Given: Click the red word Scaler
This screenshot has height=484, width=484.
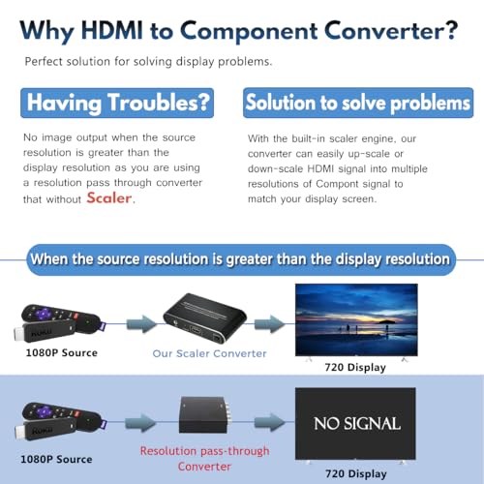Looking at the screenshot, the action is point(109,197).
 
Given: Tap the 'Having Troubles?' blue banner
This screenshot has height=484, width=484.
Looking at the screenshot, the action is point(117,103).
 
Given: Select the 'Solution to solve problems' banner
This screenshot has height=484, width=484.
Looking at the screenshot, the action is point(358,103).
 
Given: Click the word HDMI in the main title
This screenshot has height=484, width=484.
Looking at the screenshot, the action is point(111,31).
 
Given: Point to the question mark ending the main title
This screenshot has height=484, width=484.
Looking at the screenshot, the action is point(450,30).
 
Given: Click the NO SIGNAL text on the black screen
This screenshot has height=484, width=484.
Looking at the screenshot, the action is point(357,423).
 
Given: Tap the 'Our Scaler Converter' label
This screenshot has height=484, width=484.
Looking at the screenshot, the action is point(210,353).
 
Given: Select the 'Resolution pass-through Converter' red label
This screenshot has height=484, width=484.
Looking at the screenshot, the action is point(204,459).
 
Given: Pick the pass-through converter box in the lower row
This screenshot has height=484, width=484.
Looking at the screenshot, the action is point(203,415).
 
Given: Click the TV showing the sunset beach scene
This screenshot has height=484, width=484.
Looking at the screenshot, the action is point(356,320).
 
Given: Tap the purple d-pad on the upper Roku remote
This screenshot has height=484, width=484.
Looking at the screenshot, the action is point(44,313).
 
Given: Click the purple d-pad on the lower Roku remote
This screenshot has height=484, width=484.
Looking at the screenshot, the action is point(44,411).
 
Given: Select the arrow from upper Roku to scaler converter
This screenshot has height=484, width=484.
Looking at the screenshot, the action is point(140,324).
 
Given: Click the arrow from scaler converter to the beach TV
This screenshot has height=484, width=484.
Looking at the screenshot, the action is point(269,324).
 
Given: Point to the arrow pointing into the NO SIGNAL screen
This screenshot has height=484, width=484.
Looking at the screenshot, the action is point(269,422).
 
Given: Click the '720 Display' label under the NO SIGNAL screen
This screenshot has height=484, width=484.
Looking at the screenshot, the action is point(356,474).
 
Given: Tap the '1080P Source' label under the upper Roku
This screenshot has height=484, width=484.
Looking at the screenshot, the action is point(62,352).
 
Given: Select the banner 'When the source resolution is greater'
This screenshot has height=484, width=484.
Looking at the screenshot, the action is point(240,259).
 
